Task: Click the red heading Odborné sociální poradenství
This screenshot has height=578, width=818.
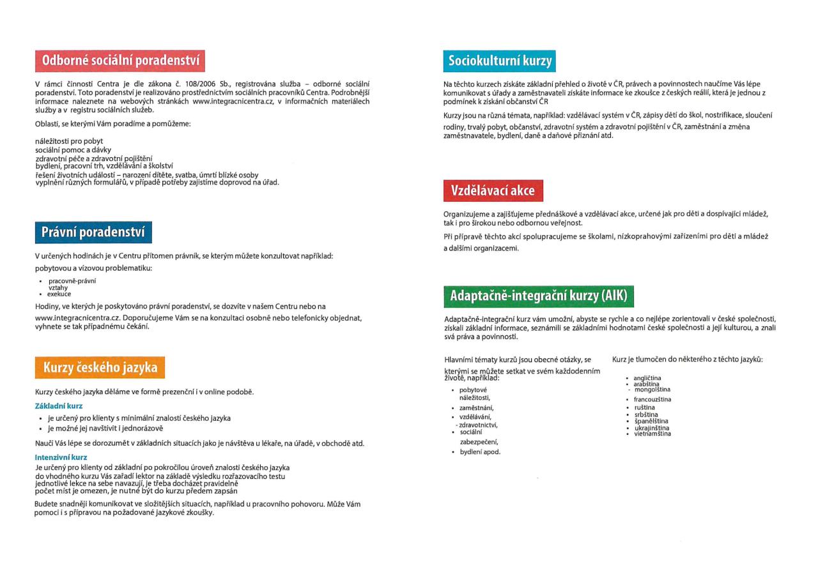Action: [x=120, y=61]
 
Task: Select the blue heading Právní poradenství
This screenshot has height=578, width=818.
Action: [x=93, y=232]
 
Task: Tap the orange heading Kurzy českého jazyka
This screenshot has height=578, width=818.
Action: [x=100, y=368]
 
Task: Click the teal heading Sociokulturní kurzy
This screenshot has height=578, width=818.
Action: [x=499, y=61]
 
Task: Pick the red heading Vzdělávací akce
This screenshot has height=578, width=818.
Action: [x=493, y=190]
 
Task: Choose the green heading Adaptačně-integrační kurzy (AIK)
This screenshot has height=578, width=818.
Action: [x=539, y=296]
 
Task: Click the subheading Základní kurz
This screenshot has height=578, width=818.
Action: [x=59, y=406]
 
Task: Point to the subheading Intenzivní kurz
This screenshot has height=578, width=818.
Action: [x=61, y=457]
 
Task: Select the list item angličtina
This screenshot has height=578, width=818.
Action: [x=647, y=378]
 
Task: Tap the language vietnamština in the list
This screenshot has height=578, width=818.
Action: [x=652, y=434]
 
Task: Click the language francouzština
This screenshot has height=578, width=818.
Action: [x=652, y=400]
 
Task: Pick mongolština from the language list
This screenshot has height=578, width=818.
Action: [x=652, y=389]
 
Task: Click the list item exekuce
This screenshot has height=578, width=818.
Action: [x=59, y=294]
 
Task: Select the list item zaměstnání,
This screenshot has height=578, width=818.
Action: [x=476, y=407]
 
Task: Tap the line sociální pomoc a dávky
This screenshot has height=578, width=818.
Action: [x=73, y=149]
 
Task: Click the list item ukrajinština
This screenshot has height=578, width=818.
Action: [x=651, y=428]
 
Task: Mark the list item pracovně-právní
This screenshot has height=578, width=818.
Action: [x=72, y=281]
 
